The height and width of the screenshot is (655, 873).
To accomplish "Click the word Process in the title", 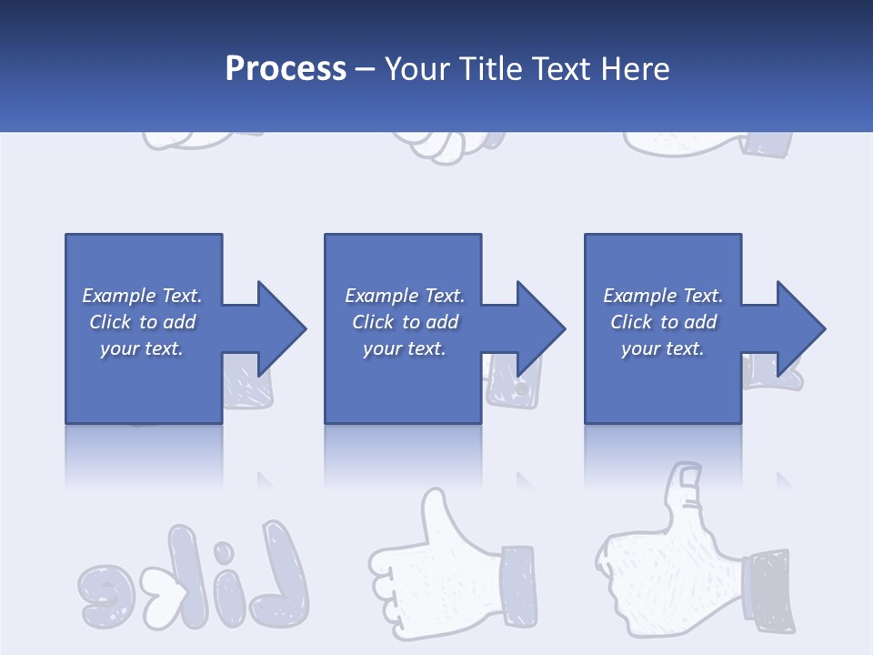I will [x=286, y=68].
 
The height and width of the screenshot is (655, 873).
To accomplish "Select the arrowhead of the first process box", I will [x=278, y=328].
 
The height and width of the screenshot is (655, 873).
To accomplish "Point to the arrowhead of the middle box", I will [x=538, y=328].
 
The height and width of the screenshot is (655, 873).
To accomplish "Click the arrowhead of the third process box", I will [x=798, y=328].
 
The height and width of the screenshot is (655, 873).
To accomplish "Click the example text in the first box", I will [x=142, y=322].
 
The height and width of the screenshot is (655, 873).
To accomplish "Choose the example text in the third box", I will [x=663, y=322].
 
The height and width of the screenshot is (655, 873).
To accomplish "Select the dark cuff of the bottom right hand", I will [x=768, y=591].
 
